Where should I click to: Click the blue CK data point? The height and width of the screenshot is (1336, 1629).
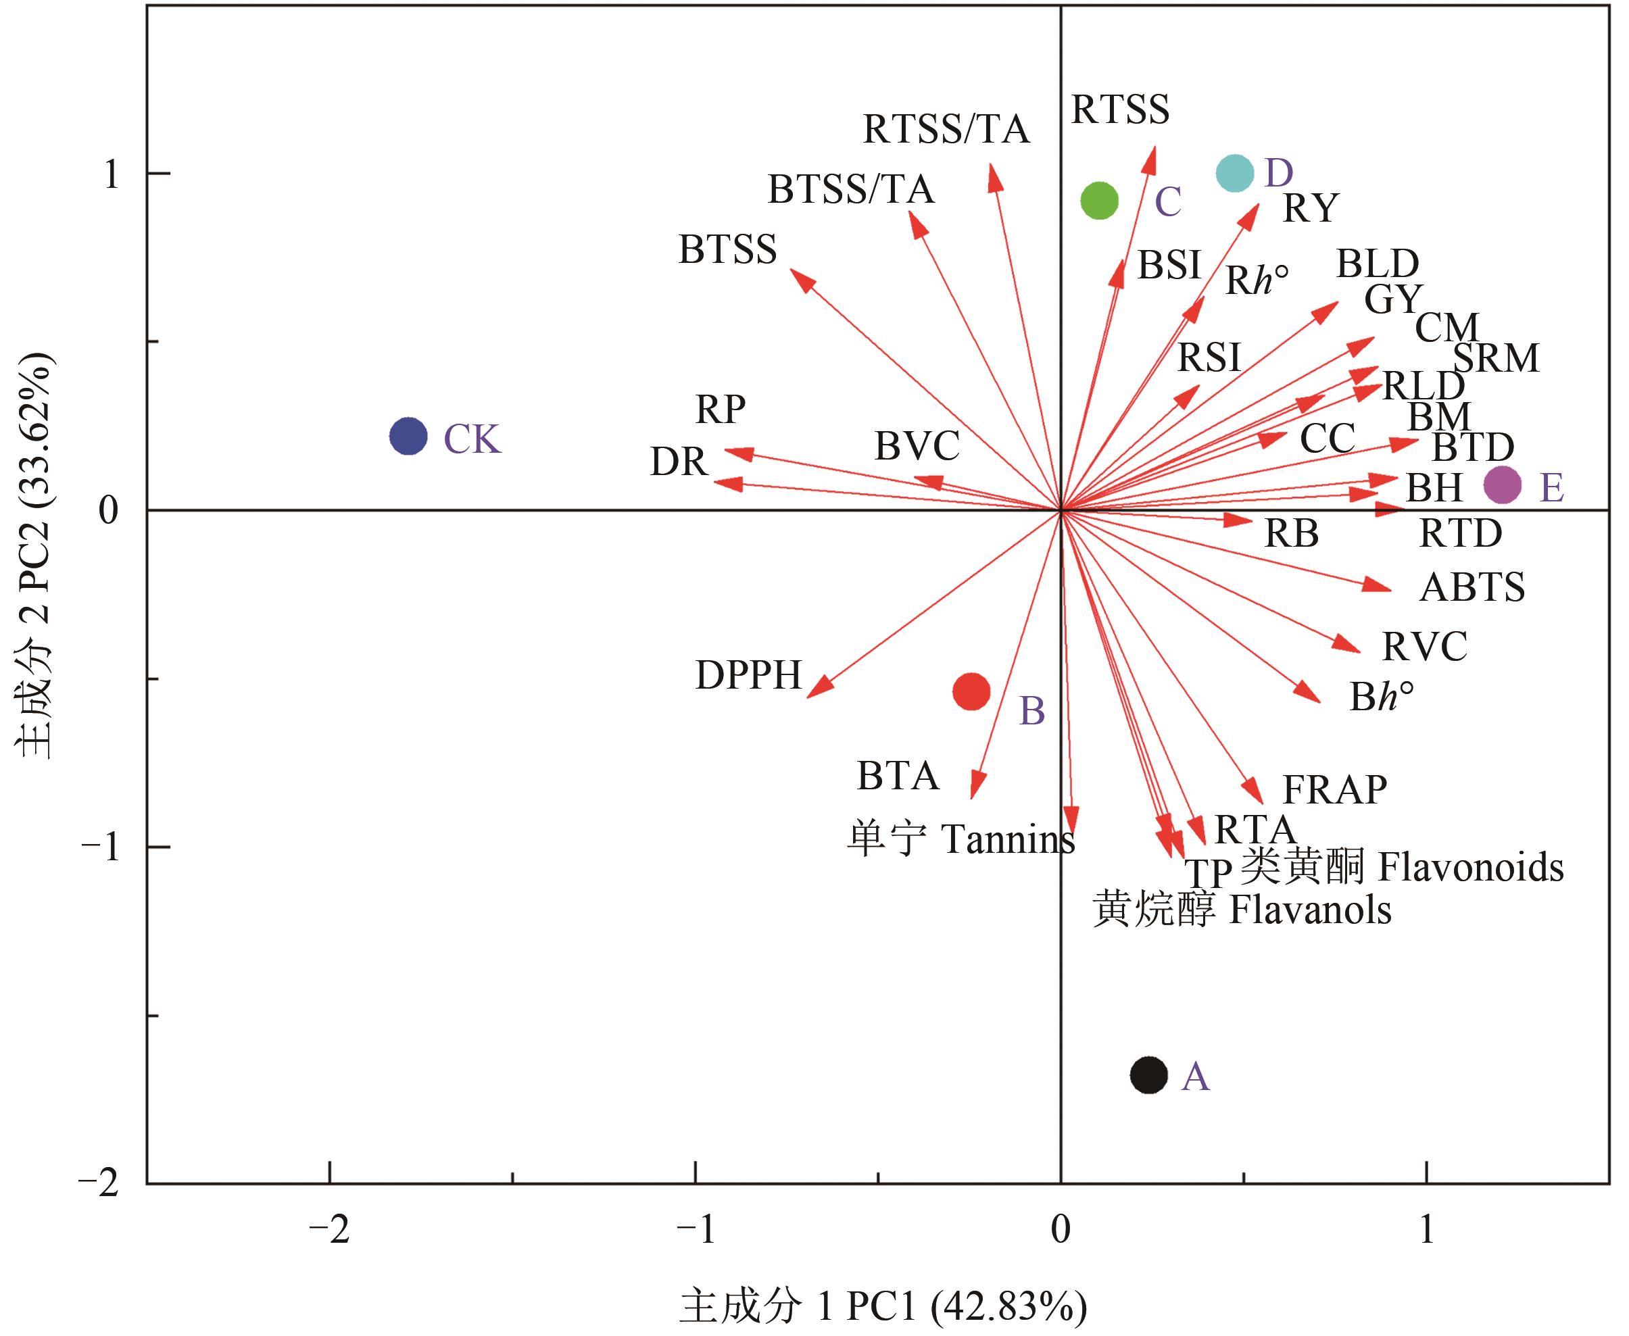click(408, 437)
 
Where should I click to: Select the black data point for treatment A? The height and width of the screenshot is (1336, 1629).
click(1148, 1074)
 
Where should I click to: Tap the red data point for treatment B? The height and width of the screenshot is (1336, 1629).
click(971, 691)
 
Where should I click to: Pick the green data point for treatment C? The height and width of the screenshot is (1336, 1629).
click(1099, 201)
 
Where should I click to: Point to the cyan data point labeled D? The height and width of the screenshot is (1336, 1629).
click(1235, 173)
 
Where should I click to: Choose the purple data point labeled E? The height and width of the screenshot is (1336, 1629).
click(1502, 485)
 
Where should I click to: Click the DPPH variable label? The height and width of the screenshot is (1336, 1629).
click(748, 676)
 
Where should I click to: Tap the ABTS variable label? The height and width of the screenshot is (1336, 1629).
click(1472, 588)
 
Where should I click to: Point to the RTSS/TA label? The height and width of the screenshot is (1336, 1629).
click(946, 129)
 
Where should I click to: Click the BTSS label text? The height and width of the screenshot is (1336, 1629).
click(727, 250)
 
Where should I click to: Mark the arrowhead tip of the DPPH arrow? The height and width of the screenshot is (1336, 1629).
click(809, 697)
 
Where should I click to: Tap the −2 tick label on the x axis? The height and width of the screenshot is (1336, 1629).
click(329, 1231)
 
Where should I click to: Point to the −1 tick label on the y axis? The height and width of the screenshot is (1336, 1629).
click(100, 847)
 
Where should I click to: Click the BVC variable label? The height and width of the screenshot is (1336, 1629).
click(917, 445)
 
